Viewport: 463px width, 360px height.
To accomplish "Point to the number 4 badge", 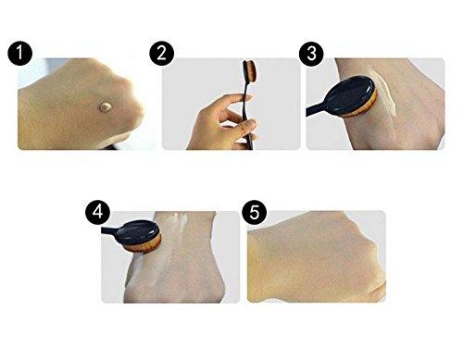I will click(x=95, y=211).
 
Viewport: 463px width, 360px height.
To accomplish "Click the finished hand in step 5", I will click(x=315, y=259).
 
